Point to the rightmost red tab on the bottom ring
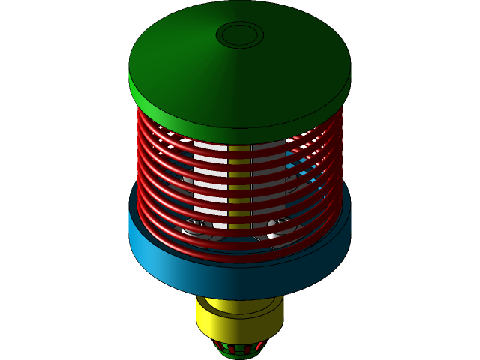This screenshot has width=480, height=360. (x=259, y=346)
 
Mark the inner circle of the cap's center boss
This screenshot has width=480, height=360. (x=240, y=34)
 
